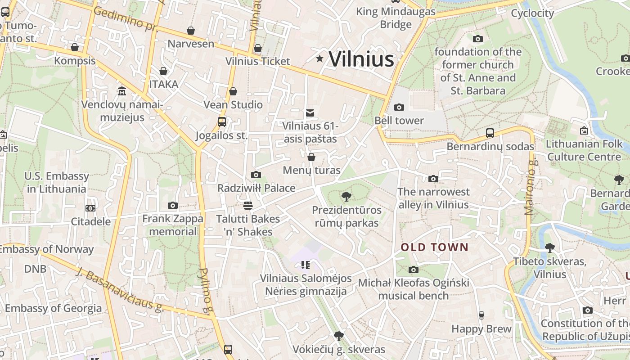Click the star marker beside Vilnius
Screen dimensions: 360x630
[319, 58]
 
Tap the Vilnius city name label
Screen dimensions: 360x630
[361, 59]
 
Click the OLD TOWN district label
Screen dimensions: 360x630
[435, 247]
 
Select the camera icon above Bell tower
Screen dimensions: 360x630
[399, 107]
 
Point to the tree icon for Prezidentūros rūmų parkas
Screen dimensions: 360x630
[346, 197]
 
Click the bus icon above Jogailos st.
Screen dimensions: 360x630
[221, 121]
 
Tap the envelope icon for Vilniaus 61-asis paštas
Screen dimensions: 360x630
[310, 112]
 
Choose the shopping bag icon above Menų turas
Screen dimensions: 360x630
[311, 157]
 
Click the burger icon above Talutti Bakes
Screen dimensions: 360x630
[247, 206]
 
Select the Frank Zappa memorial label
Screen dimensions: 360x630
[173, 225]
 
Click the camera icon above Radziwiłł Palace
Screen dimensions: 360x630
[256, 175]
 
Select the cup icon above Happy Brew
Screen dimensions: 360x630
[481, 315]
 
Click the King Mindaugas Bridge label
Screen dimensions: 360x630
[396, 18]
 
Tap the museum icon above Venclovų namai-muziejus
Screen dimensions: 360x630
[121, 91]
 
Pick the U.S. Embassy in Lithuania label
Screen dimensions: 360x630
[57, 182]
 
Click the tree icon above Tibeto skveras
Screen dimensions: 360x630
[549, 247]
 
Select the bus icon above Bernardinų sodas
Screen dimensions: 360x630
[490, 133]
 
